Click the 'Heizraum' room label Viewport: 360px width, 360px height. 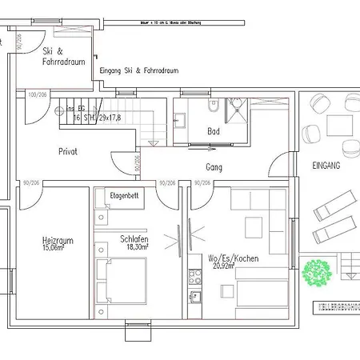[x=58, y=239]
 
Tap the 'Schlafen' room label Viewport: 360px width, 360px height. [x=134, y=239]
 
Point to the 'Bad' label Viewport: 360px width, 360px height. [x=213, y=130]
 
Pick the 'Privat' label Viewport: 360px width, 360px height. [x=68, y=150]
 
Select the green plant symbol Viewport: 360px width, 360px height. [x=317, y=273]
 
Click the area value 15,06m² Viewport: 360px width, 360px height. [x=58, y=247]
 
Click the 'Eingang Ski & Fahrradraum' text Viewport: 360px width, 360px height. [x=138, y=71]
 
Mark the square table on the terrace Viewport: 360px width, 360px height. [x=341, y=124]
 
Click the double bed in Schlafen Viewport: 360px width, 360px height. [x=119, y=284]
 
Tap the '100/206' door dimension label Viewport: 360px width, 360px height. [x=36, y=94]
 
